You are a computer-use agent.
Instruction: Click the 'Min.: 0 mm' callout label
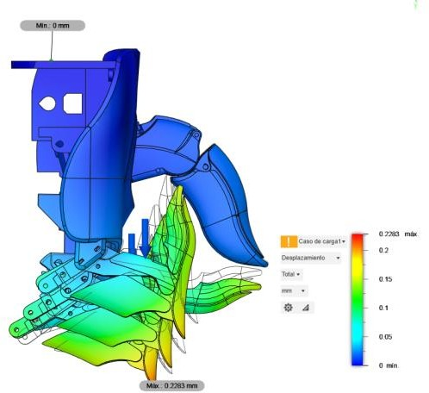click(53, 26)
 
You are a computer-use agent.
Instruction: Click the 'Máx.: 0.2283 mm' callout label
click(171, 385)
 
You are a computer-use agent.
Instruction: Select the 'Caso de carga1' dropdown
click(321, 241)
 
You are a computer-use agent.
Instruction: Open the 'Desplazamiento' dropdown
click(311, 258)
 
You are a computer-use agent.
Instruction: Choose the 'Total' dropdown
click(290, 274)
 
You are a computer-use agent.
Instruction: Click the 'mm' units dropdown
click(294, 291)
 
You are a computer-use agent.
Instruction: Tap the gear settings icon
click(288, 308)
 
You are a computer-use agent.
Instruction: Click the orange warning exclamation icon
click(289, 241)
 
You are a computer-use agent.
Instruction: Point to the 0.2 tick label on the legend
click(383, 250)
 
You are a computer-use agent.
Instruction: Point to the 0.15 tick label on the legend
click(385, 279)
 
